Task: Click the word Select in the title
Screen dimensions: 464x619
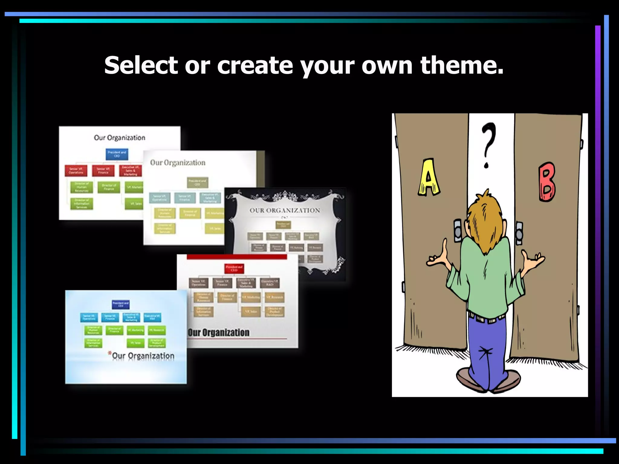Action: coord(141,65)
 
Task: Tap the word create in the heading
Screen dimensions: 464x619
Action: coord(255,66)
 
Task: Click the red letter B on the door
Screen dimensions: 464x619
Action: coord(547,182)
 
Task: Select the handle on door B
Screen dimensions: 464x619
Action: coord(519,233)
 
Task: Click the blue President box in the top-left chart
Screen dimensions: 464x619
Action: coord(117,154)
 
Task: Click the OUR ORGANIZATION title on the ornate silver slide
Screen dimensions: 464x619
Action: coord(284,211)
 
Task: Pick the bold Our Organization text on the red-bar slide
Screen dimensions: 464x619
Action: coord(219,332)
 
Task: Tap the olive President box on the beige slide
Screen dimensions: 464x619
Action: coord(197,182)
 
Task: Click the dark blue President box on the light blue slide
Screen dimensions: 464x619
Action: coord(121,304)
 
